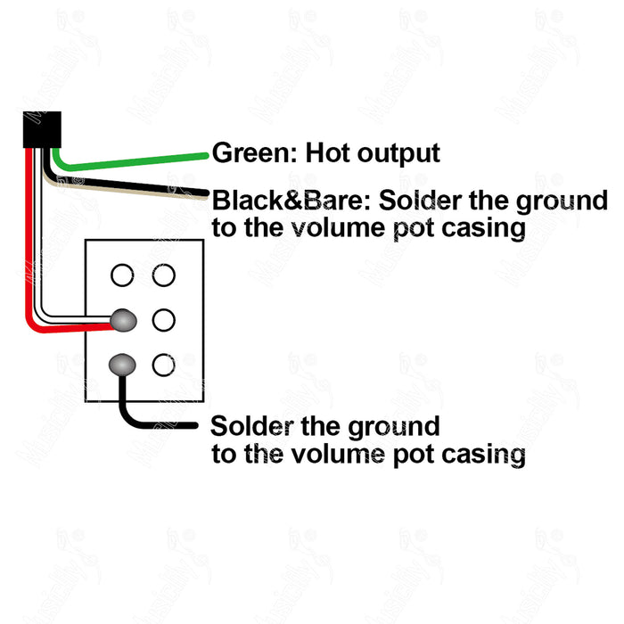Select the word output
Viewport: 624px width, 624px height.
398,153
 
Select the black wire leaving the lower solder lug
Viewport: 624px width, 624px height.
152,423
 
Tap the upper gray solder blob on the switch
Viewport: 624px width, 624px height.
122,318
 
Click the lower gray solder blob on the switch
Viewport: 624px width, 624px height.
122,364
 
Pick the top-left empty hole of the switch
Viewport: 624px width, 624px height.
122,275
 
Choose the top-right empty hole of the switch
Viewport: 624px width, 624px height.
163,275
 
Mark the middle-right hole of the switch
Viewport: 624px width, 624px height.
163,318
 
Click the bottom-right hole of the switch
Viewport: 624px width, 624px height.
163,364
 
